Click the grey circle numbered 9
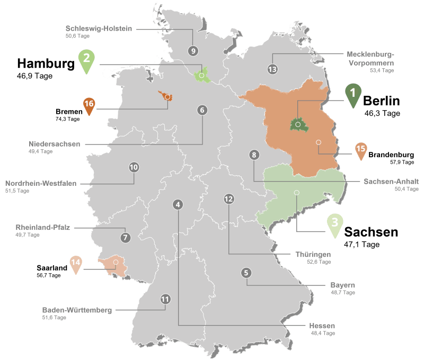192,51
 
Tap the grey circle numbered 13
272,69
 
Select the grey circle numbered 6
202,111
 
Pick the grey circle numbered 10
134,167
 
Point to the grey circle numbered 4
178,204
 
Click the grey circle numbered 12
229,199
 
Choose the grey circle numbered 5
246,273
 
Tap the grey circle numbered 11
165,299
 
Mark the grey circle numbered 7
125,237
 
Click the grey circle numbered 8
254,155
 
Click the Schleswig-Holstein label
98,28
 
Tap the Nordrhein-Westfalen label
41,183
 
